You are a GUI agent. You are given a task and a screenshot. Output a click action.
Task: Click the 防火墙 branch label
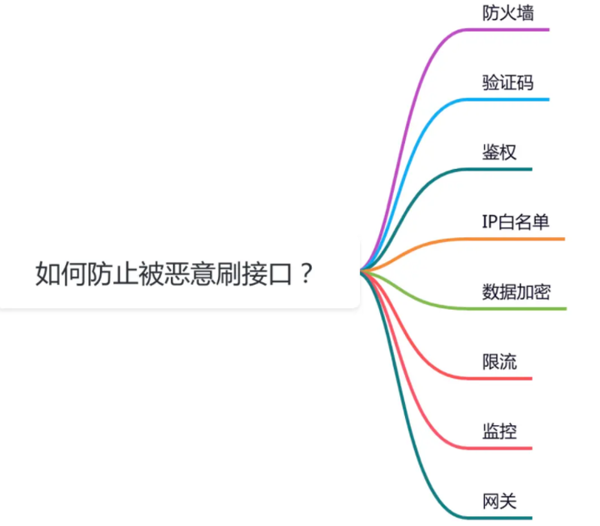pyautogui.click(x=508, y=13)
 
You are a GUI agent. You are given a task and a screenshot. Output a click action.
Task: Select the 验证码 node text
pyautogui.click(x=508, y=82)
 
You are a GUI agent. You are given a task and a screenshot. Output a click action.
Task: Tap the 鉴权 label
pyautogui.click(x=499, y=152)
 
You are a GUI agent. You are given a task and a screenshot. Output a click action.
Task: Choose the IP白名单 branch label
pyautogui.click(x=515, y=222)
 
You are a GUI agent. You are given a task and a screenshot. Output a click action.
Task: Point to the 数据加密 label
pyautogui.click(x=516, y=292)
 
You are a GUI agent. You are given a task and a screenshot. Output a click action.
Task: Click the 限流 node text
pyautogui.click(x=499, y=362)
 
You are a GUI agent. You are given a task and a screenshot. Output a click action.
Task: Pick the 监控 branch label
pyautogui.click(x=499, y=432)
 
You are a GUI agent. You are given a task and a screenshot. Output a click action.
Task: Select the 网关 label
pyautogui.click(x=499, y=502)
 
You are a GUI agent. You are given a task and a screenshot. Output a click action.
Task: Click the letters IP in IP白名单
pyautogui.click(x=489, y=222)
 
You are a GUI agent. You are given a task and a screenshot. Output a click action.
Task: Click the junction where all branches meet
pyautogui.click(x=362, y=271)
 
